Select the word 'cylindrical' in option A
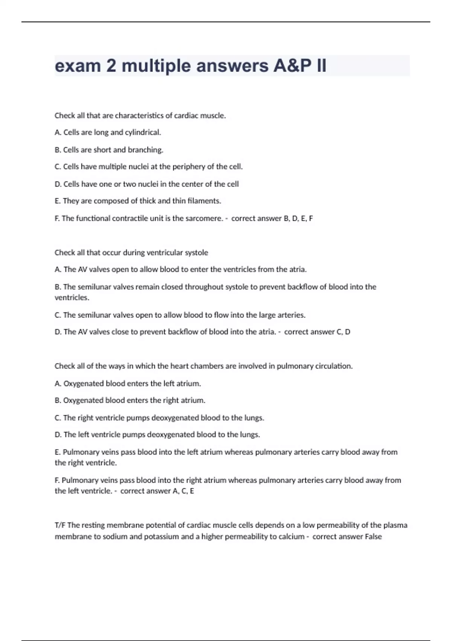(143, 132)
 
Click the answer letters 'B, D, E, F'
(298, 218)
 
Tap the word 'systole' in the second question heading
(196, 253)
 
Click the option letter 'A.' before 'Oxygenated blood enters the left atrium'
(58, 383)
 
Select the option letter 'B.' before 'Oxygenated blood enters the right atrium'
(58, 400)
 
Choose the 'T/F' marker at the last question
(60, 525)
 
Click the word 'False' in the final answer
(373, 537)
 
